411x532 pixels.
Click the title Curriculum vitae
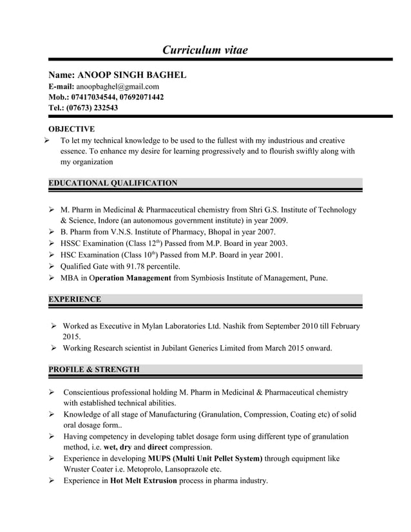(x=205, y=50)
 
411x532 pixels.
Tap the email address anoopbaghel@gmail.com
(x=118, y=86)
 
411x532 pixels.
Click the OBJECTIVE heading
(x=72, y=129)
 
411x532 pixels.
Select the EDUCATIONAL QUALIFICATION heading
(x=113, y=184)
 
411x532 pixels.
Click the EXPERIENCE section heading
(x=75, y=299)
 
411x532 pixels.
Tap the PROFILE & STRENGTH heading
(x=94, y=370)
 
